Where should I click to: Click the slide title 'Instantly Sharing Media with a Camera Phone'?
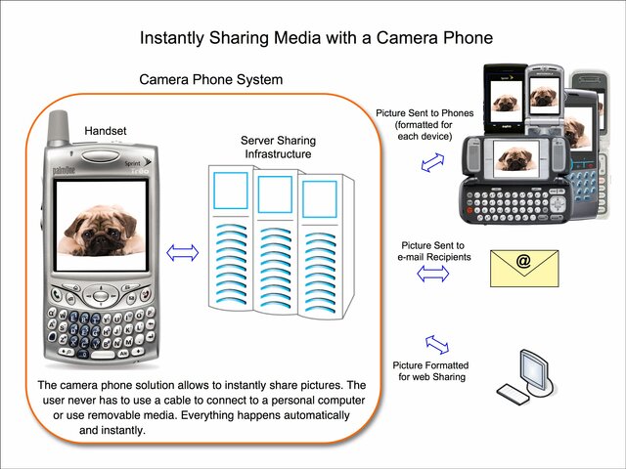[315, 38]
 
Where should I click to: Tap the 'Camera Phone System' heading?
[210, 80]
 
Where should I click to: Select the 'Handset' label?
[106, 130]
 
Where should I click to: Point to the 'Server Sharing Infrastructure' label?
[277, 148]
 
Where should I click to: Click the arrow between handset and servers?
[182, 253]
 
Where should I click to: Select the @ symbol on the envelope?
[523, 261]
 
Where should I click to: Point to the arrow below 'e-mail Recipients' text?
[432, 276]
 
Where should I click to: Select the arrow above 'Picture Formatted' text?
[436, 344]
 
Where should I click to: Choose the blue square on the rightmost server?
[319, 198]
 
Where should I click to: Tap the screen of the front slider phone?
[514, 155]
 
